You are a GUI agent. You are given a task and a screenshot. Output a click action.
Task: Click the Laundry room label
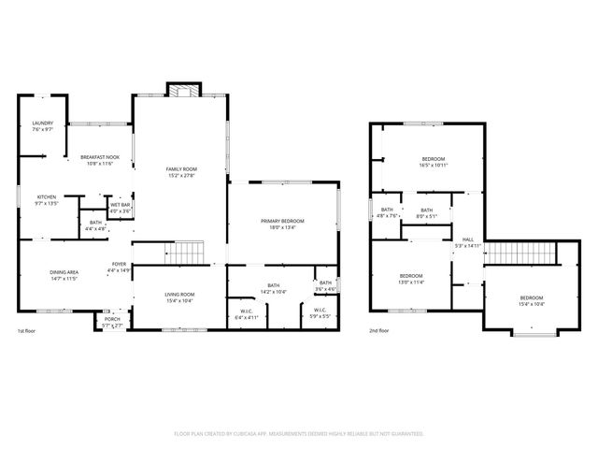pos(43,125)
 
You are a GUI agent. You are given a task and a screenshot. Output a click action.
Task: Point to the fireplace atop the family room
pos(179,90)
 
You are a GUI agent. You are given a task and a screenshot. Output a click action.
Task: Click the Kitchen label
pos(47,199)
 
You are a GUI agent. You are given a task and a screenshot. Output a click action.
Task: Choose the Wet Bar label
pos(120,207)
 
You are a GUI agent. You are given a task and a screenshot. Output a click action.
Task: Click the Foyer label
pos(120,267)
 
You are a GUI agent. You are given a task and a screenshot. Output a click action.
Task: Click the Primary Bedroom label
pos(282,223)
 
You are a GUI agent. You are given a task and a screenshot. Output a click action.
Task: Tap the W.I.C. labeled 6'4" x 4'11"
pos(247,314)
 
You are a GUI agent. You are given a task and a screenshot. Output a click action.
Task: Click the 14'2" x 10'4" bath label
pos(274,288)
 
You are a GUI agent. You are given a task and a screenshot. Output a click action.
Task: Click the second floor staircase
pos(521,253)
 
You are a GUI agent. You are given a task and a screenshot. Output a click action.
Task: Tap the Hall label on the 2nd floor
pos(468,243)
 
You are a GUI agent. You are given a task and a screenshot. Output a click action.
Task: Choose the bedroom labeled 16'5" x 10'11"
pos(433,161)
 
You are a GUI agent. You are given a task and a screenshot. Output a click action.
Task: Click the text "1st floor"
pos(26,331)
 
